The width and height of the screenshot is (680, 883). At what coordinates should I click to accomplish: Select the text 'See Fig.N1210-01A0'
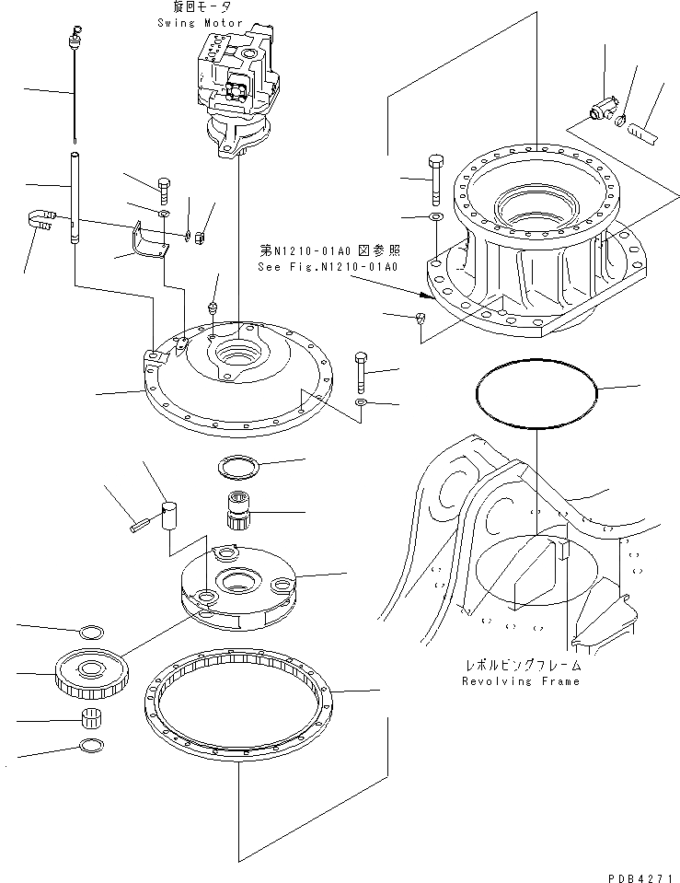328,267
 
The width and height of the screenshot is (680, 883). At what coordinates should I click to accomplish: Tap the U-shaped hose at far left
39,221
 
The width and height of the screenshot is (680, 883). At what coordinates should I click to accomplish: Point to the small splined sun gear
239,509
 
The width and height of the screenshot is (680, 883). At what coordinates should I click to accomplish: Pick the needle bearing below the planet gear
92,720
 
